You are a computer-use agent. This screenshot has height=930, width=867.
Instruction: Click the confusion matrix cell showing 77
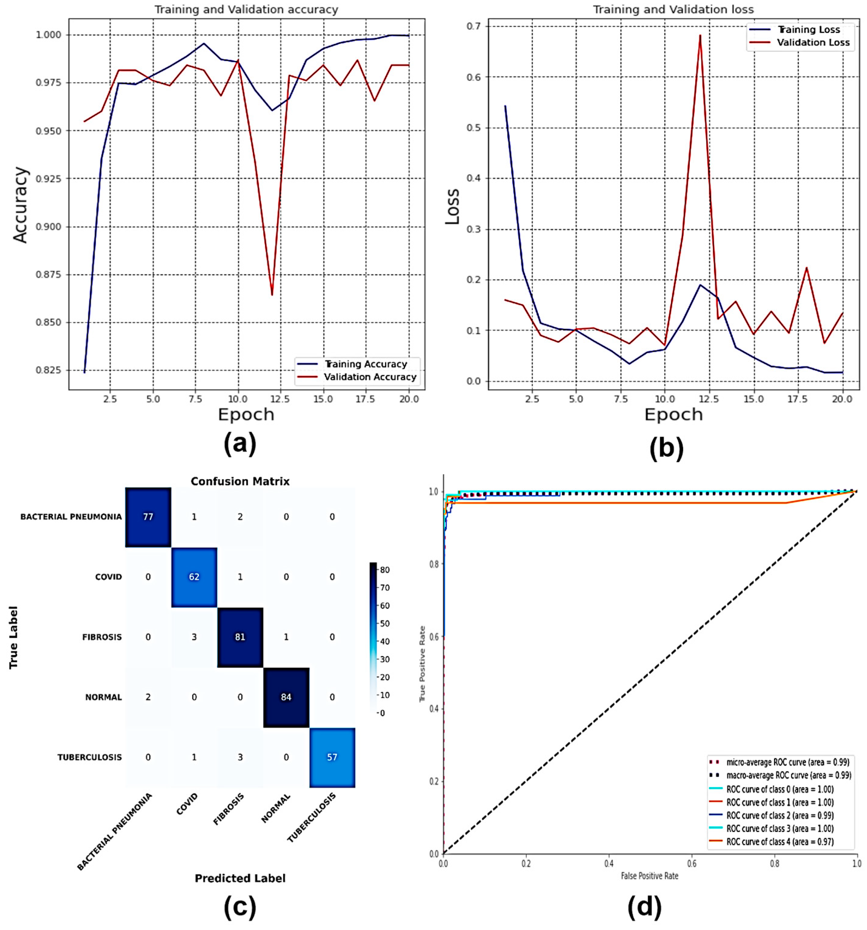(148, 517)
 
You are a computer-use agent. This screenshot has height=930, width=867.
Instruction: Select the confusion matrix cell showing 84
(286, 697)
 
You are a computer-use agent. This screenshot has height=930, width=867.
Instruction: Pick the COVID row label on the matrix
(108, 577)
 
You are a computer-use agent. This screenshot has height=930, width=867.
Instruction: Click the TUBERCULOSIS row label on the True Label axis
(89, 757)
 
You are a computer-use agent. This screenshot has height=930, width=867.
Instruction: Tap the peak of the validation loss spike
(700, 35)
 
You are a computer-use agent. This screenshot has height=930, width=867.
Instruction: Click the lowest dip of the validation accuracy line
(272, 295)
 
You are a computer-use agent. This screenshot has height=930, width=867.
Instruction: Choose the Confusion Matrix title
(240, 482)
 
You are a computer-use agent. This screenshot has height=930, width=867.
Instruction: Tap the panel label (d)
(644, 907)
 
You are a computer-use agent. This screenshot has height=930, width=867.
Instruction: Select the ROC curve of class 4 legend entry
(779, 842)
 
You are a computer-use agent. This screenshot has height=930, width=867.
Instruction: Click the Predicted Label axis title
(240, 878)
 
